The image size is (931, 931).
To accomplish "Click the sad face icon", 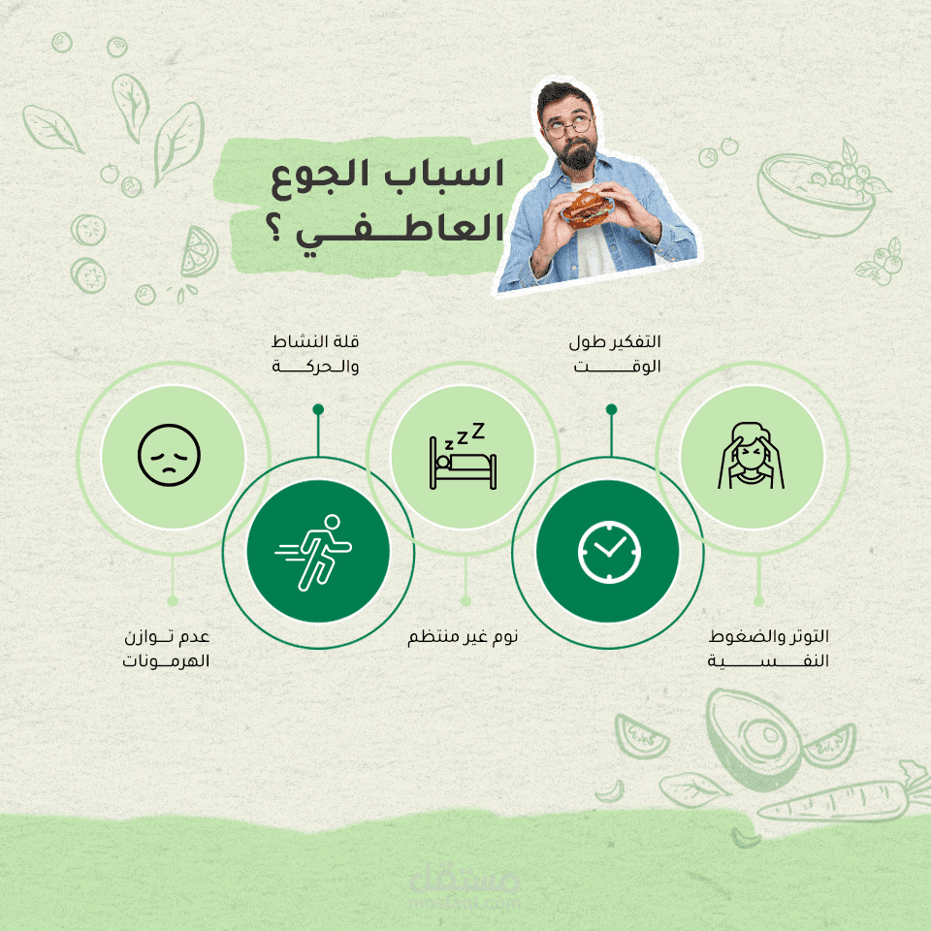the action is pyautogui.click(x=169, y=456).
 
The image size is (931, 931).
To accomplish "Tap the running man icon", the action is pyautogui.click(x=313, y=553).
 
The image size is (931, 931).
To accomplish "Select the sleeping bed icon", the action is pyautogui.click(x=463, y=456).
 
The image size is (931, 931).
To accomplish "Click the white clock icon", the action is pyautogui.click(x=609, y=552).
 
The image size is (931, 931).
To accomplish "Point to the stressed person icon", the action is pyautogui.click(x=751, y=456).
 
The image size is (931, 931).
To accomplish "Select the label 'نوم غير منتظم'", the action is pyautogui.click(x=463, y=636).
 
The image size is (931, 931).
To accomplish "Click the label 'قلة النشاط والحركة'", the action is pyautogui.click(x=315, y=354).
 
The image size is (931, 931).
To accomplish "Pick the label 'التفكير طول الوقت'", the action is pyautogui.click(x=615, y=354).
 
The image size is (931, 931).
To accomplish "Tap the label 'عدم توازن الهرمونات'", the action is pyautogui.click(x=166, y=649).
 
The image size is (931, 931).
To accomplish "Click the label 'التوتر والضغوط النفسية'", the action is pyautogui.click(x=768, y=649).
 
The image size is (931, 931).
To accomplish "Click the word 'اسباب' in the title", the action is pyautogui.click(x=443, y=174).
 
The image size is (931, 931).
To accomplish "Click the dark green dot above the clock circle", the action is pyautogui.click(x=612, y=409).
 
